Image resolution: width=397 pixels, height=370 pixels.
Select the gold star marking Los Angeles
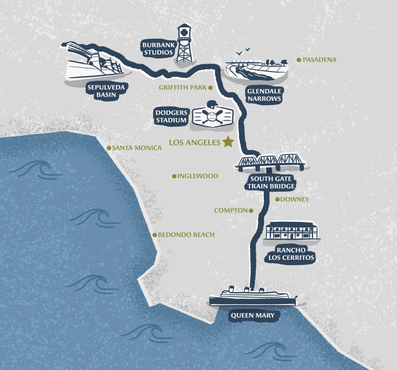[x=228, y=142]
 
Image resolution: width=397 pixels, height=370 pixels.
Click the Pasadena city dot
[x=299, y=60]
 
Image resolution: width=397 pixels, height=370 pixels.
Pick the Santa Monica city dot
[x=109, y=148]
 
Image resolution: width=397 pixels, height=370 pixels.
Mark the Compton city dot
[x=250, y=211]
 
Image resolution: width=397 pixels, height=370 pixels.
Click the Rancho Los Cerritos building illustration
[x=292, y=231]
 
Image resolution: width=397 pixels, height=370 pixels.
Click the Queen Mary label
[x=252, y=315]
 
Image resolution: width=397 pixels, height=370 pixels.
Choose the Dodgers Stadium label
[x=171, y=116]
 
